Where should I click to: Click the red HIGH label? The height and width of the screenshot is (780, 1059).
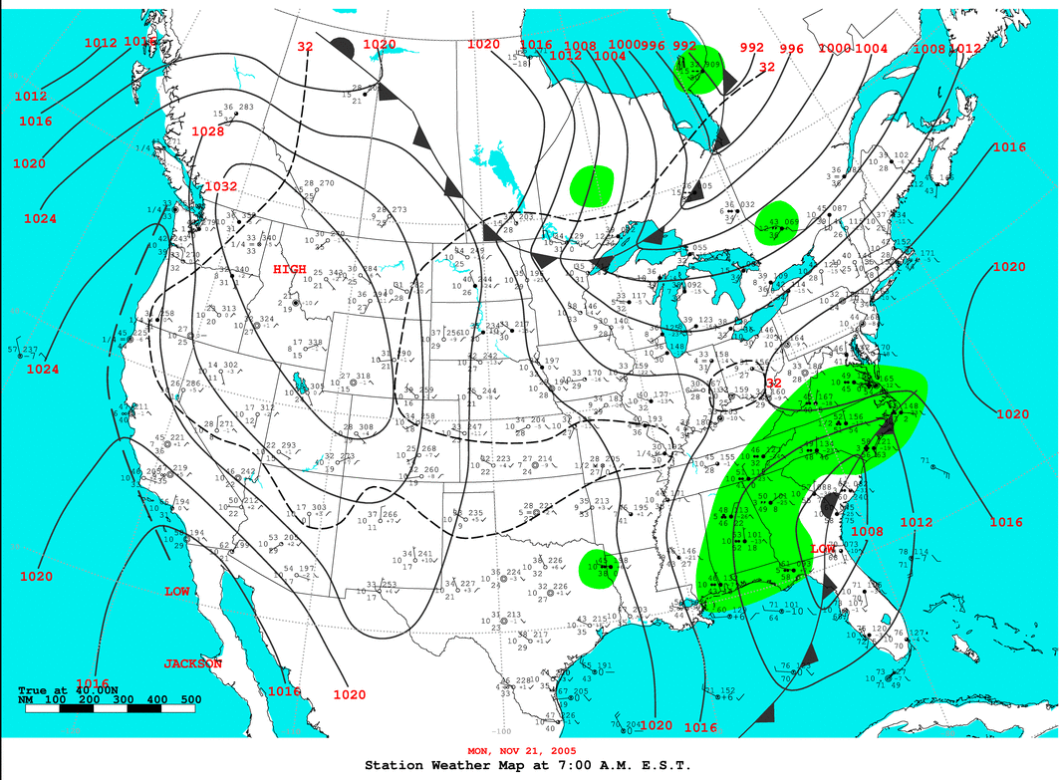(290, 269)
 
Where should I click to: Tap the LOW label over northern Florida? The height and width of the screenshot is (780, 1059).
(823, 550)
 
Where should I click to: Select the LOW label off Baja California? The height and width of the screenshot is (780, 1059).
(177, 592)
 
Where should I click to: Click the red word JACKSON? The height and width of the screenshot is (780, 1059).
(193, 663)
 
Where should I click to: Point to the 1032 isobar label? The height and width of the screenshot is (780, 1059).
(220, 186)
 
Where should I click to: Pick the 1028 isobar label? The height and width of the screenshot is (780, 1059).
(207, 131)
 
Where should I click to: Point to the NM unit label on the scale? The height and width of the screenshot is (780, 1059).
(26, 700)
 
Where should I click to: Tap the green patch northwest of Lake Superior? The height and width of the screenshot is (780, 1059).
(592, 185)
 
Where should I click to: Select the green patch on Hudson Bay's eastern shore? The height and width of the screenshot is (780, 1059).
(700, 70)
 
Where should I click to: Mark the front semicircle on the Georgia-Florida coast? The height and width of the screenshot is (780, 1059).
(829, 508)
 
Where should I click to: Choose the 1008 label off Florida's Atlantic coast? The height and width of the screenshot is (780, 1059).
(868, 531)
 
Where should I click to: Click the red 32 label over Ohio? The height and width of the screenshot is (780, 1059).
(773, 383)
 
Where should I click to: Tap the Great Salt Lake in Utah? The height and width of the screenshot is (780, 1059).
(298, 383)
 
